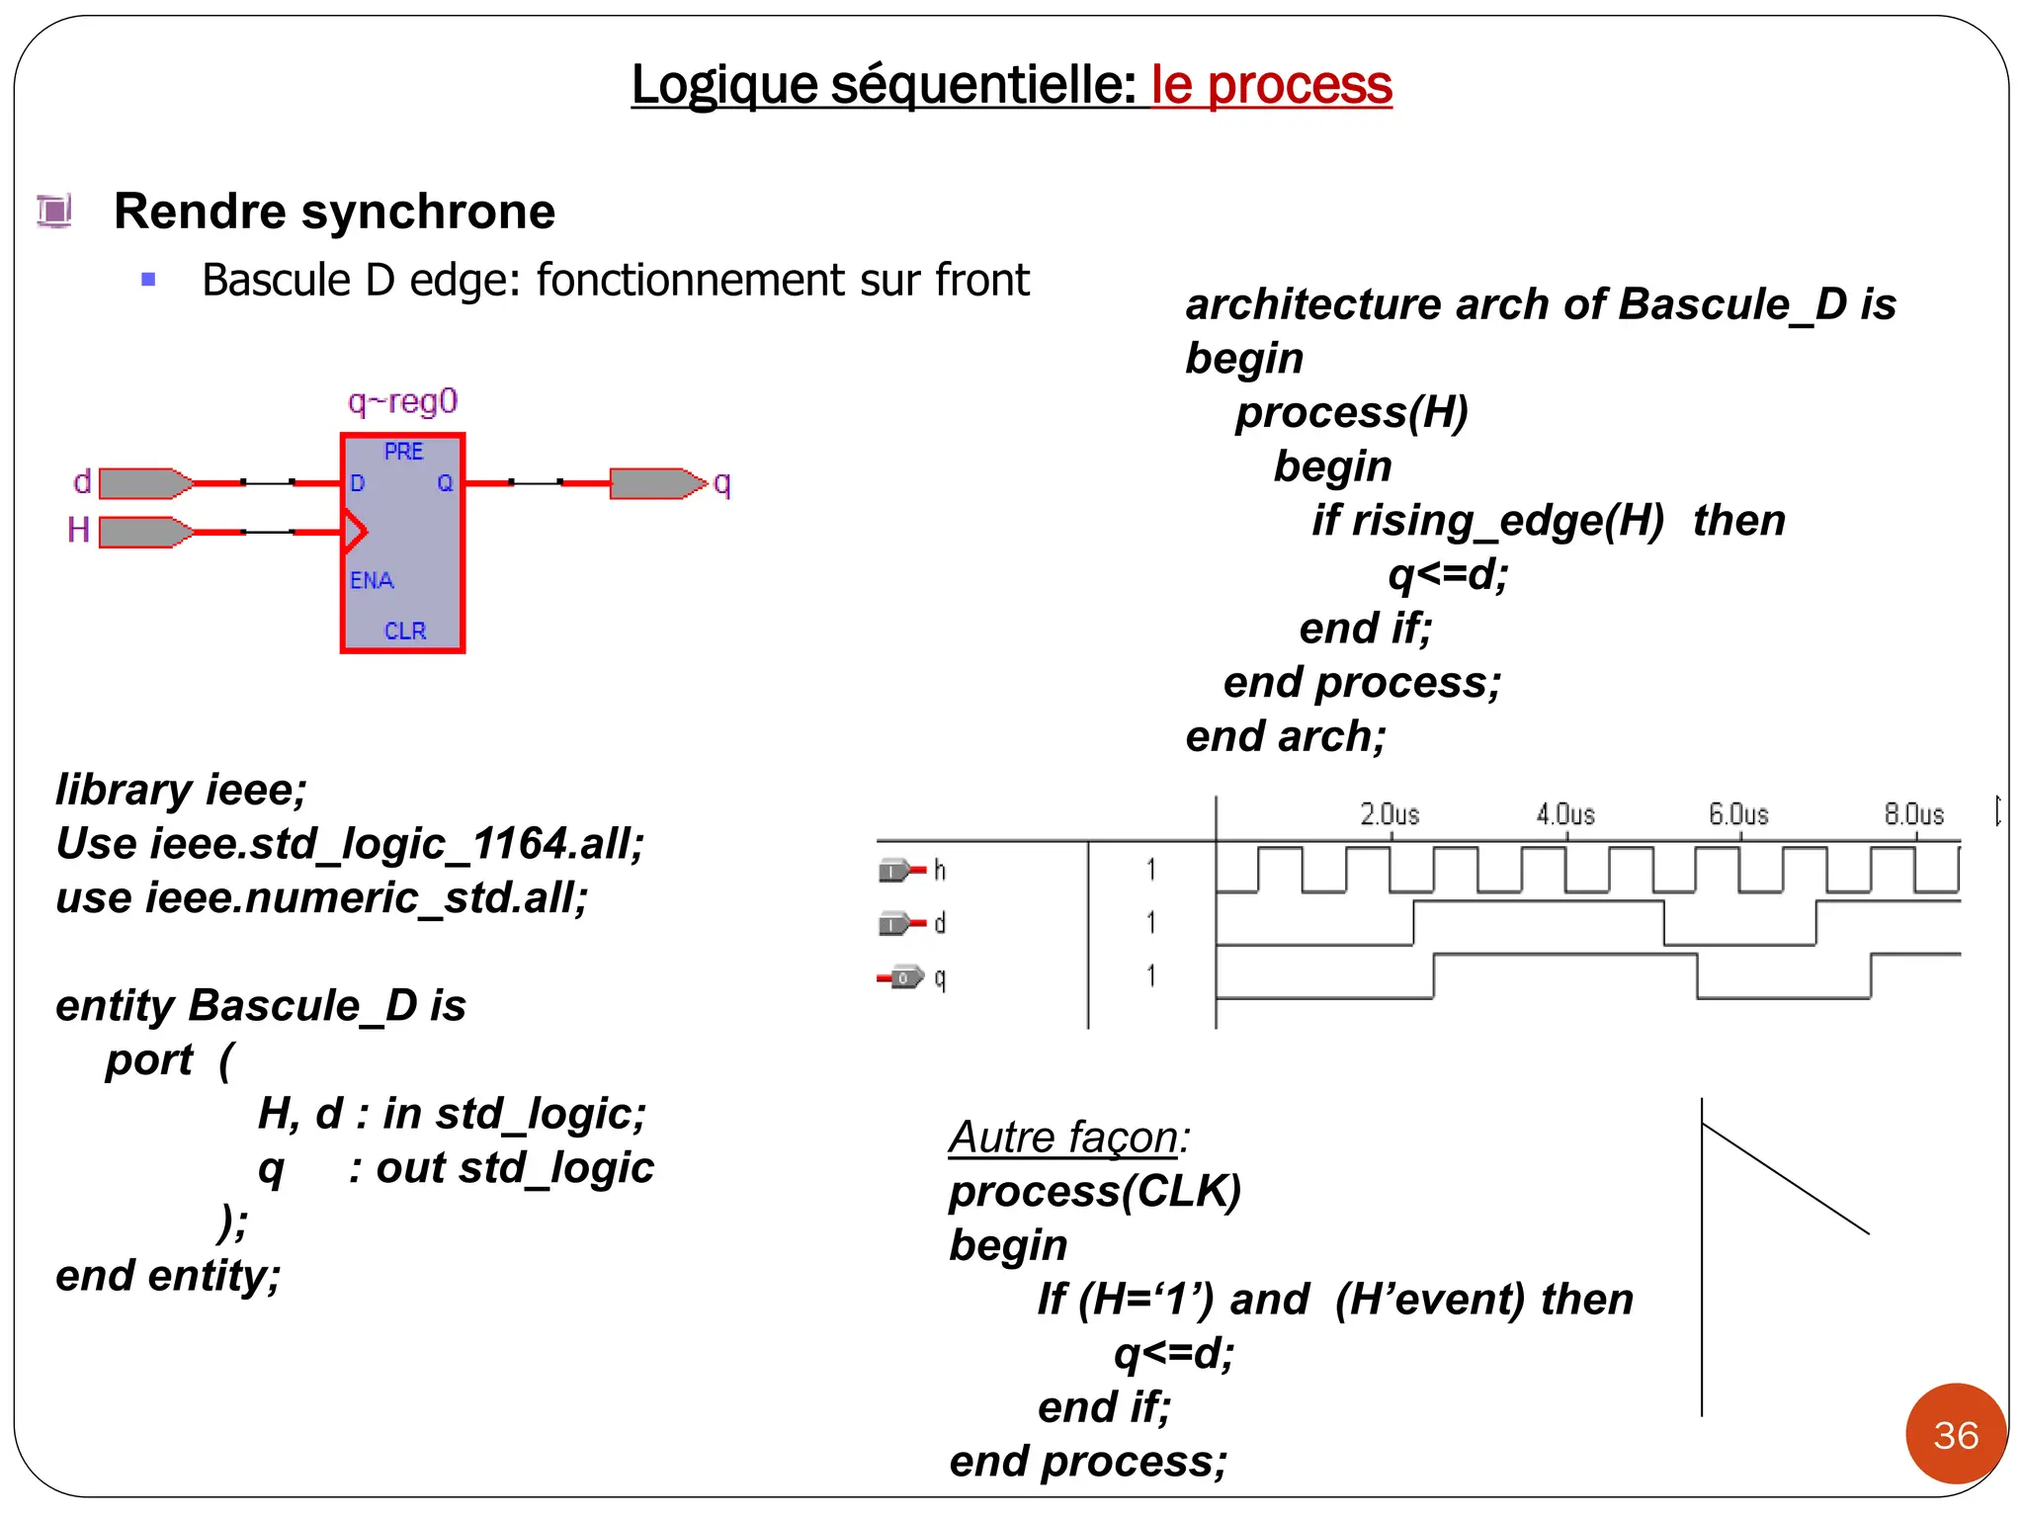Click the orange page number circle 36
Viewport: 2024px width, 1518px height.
[1956, 1434]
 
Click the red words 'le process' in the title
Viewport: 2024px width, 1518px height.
[1271, 85]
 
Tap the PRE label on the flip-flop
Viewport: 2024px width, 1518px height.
[403, 452]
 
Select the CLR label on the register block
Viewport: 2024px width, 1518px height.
[405, 631]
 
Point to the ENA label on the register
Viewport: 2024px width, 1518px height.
[372, 580]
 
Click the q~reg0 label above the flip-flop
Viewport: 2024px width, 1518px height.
[402, 401]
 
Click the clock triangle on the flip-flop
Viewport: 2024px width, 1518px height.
[355, 532]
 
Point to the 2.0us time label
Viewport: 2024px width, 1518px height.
[1390, 814]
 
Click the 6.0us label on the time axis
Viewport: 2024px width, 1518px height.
[1738, 814]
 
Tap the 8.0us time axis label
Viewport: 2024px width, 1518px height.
[1913, 814]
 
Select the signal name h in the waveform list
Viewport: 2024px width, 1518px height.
[940, 871]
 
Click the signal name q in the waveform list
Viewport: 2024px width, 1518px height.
[940, 978]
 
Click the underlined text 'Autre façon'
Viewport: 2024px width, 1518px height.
[1064, 1137]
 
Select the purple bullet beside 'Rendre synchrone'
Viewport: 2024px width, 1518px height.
[54, 211]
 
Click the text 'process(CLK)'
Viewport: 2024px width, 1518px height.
[1094, 1191]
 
